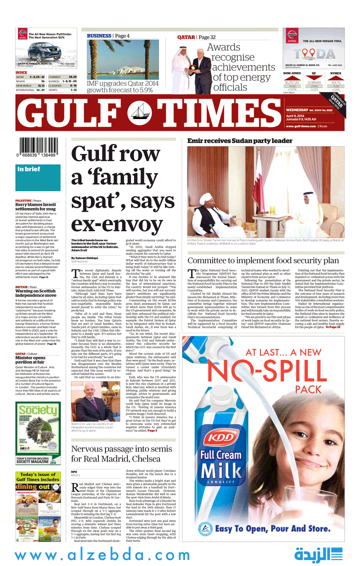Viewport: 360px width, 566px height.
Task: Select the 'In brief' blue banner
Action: coord(29,169)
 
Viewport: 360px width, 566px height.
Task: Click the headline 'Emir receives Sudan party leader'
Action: coord(239,141)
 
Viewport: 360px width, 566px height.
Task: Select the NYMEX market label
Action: coord(335,73)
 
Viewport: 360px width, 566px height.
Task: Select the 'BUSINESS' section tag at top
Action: coord(99,36)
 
